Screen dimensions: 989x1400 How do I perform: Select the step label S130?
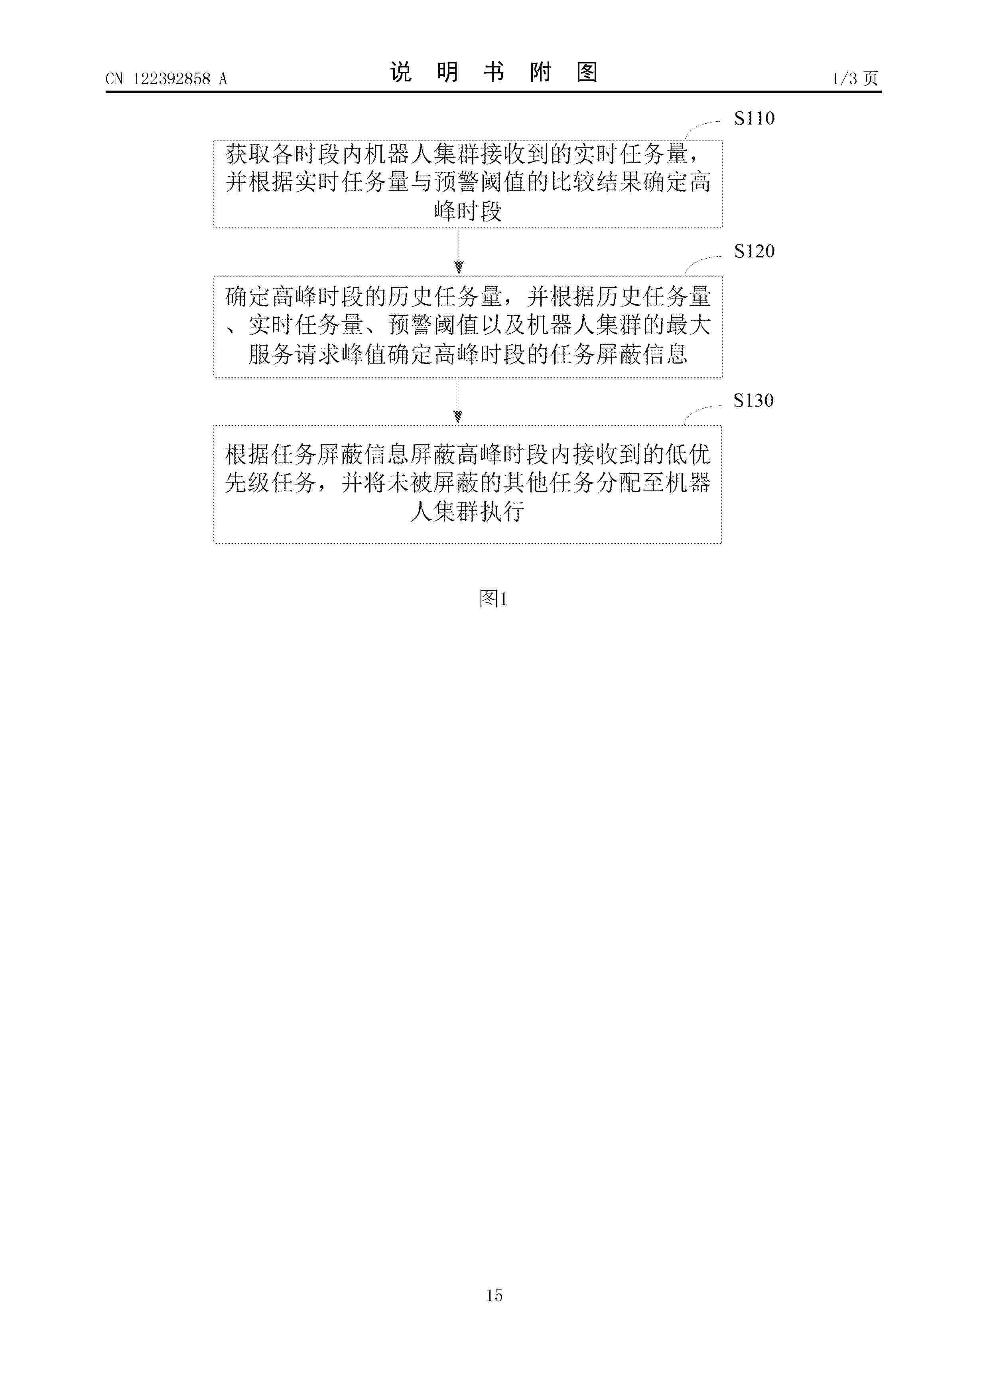[753, 401]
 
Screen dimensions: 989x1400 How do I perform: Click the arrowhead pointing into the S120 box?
[459, 267]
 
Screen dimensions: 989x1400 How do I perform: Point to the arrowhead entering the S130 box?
[458, 417]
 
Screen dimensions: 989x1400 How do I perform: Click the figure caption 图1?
[494, 599]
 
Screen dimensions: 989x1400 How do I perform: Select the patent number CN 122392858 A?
[166, 79]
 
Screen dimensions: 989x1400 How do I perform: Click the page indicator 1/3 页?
[855, 79]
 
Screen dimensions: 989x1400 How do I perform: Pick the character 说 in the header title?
[401, 73]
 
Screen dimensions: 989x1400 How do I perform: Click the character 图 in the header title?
[587, 73]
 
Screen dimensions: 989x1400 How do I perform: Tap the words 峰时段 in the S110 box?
[468, 211]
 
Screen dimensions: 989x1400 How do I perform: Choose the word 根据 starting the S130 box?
[248, 454]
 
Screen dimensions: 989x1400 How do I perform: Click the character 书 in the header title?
[494, 73]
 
